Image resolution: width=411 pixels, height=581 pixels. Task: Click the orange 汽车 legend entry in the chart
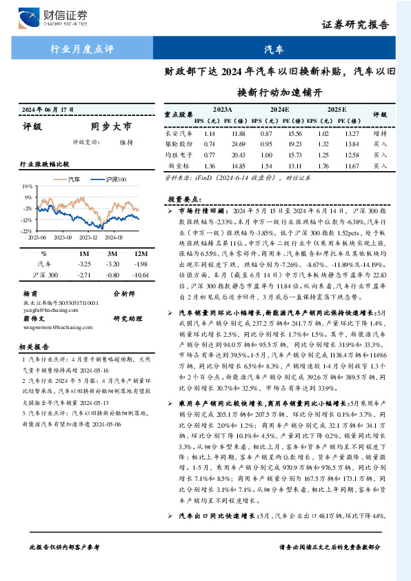point(72,180)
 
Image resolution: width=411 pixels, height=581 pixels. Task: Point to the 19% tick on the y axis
point(27,186)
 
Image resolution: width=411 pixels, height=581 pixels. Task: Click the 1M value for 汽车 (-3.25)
point(85,264)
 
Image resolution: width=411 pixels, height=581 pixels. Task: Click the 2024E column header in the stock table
point(279,109)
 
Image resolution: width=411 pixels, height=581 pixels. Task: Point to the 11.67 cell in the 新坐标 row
point(352,166)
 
